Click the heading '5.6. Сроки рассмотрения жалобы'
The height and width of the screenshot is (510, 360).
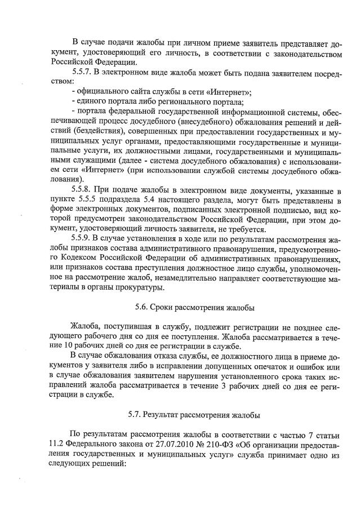pos(194,307)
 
